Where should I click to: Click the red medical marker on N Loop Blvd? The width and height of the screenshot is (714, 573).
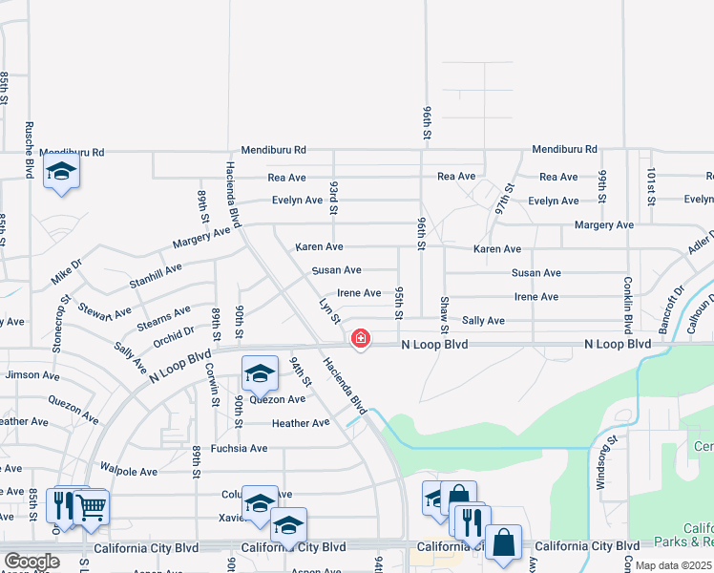pyautogui.click(x=360, y=338)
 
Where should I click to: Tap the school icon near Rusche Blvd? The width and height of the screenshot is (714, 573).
pyautogui.click(x=62, y=172)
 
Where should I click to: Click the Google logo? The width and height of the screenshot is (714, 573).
pyautogui.click(x=31, y=562)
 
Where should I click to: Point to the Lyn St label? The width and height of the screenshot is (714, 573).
pyautogui.click(x=330, y=310)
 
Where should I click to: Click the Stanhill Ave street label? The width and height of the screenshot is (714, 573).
pyautogui.click(x=156, y=277)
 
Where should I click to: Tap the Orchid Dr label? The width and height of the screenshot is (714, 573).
pyautogui.click(x=174, y=333)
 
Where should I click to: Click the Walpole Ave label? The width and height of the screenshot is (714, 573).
pyautogui.click(x=129, y=471)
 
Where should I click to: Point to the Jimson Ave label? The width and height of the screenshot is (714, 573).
pyautogui.click(x=26, y=375)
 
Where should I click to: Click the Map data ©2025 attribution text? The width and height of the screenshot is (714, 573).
pyautogui.click(x=672, y=565)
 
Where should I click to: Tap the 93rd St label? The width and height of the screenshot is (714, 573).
pyautogui.click(x=333, y=198)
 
